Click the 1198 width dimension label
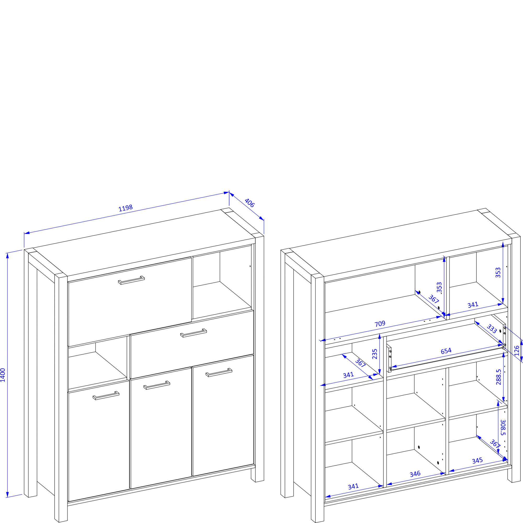point(126,208)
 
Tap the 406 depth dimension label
point(249,203)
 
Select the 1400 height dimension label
point(3,375)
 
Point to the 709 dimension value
point(380,324)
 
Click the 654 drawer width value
point(446,351)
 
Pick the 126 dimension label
point(516,351)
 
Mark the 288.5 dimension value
point(498,377)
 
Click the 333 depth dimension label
point(492,329)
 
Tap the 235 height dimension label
point(375,354)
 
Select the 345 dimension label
point(477,461)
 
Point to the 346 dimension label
point(415,474)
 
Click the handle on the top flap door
point(131,280)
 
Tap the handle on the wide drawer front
point(194,333)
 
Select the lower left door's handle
point(106,395)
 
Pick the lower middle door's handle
point(157,385)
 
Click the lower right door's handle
point(219,372)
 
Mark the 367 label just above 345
point(495,444)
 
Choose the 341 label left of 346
point(353,486)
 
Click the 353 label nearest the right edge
point(498,272)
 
